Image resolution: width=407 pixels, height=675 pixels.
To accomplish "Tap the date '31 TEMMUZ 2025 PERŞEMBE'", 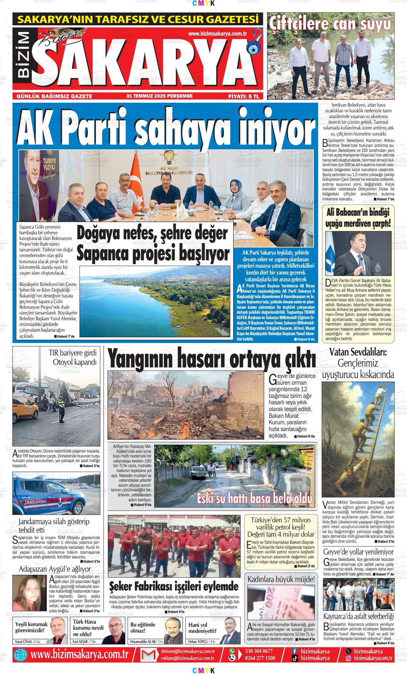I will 159,96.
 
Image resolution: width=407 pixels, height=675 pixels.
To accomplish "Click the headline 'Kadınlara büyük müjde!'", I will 281,578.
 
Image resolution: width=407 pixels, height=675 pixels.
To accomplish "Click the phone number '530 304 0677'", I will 259,651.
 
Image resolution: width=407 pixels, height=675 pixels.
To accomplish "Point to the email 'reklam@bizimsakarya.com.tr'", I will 187,658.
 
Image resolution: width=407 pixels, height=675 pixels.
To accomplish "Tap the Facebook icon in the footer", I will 295,651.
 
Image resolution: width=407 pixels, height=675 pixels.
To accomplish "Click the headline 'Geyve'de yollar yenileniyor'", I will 358,552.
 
